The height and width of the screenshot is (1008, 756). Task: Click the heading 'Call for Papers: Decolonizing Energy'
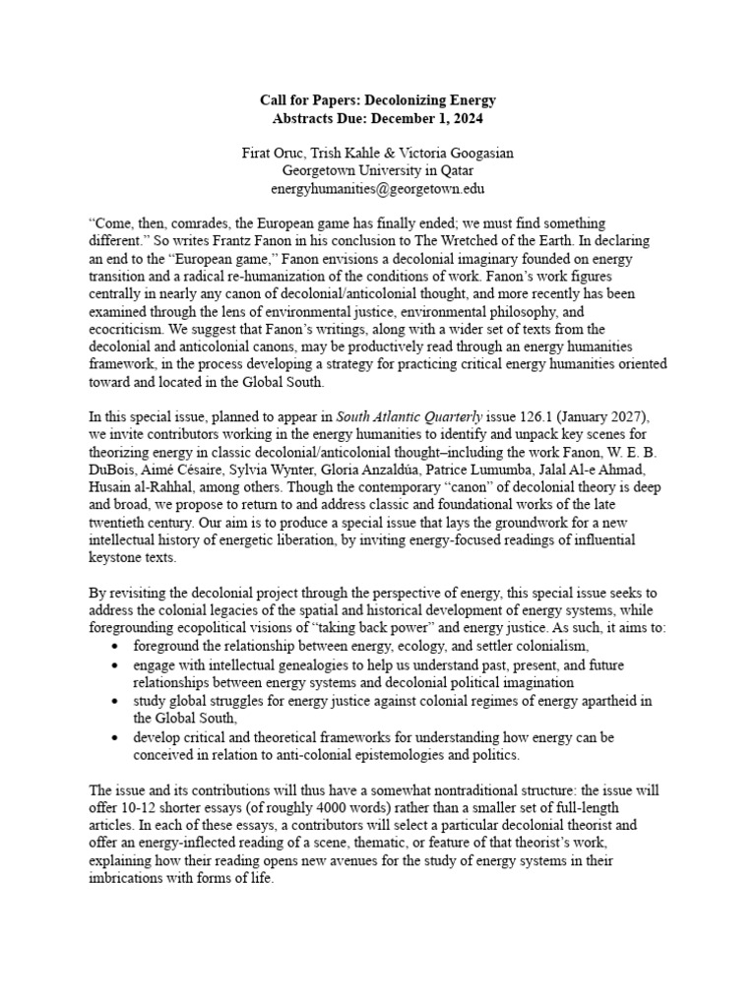[378, 99]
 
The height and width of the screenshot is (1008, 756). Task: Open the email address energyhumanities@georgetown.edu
[378, 187]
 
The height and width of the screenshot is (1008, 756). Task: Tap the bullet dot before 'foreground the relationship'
[117, 648]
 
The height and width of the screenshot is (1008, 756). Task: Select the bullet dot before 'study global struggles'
[117, 701]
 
